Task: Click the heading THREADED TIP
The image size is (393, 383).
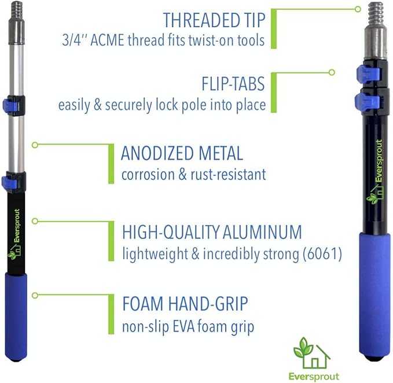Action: point(214,20)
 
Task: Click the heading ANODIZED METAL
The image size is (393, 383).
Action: point(182,154)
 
